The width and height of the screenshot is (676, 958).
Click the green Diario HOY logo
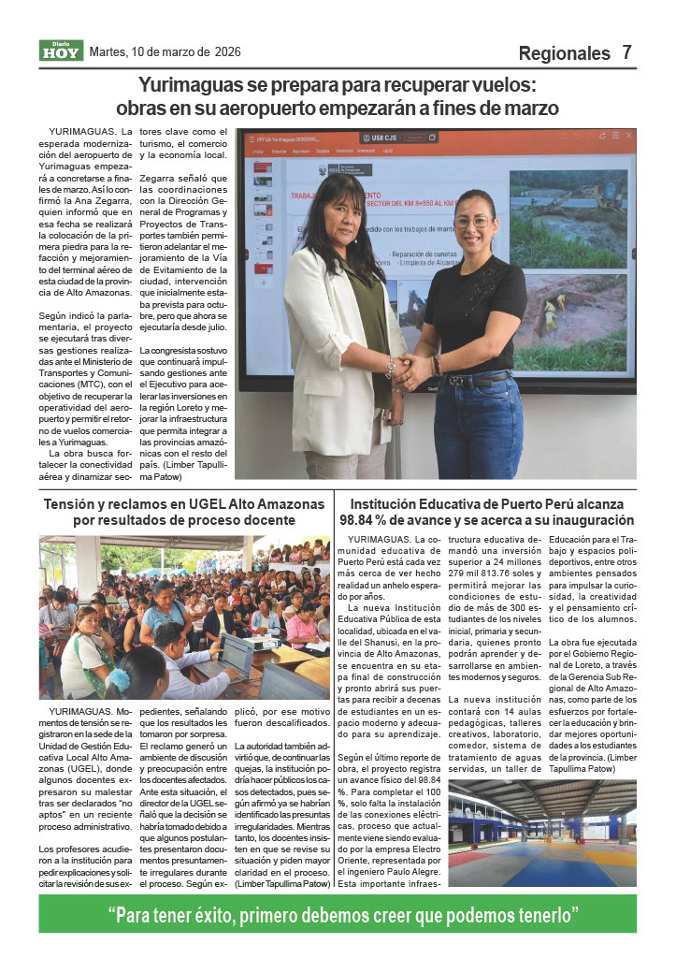click(x=61, y=51)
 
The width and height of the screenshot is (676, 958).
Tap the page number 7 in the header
click(x=626, y=52)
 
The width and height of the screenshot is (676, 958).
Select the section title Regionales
click(x=564, y=53)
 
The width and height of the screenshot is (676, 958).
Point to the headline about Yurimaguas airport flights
click(x=338, y=96)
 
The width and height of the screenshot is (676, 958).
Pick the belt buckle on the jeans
click(x=457, y=380)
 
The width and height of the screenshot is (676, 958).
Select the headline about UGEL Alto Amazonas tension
click(x=184, y=512)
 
